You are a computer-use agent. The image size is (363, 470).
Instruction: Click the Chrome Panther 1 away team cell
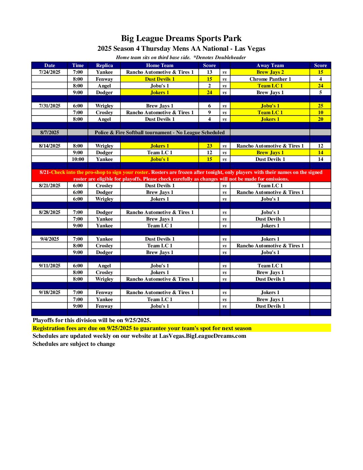[270, 79]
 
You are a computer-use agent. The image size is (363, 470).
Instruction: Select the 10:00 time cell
[78, 159]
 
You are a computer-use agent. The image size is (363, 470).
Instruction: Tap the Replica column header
[104, 65]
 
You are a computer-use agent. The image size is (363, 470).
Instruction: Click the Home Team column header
[159, 65]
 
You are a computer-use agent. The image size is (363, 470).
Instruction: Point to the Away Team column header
[270, 65]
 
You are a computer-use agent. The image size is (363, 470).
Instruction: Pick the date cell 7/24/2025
[50, 72]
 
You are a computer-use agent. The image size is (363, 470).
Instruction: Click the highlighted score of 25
[320, 106]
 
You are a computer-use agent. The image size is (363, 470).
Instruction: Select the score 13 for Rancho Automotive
[209, 72]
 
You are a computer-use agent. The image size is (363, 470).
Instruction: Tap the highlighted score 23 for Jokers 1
[209, 146]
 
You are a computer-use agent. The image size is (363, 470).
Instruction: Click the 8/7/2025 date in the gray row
[50, 133]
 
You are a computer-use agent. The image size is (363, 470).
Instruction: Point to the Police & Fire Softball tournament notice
[159, 133]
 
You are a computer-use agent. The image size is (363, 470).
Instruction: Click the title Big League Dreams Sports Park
[181, 38]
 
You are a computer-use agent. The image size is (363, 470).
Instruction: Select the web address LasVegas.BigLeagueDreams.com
[203, 336]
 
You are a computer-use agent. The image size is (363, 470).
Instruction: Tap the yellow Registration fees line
[142, 328]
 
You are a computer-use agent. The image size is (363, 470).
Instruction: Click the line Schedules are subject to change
[74, 344]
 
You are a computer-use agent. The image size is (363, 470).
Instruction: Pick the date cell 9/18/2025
[50, 292]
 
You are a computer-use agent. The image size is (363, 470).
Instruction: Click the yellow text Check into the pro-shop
[99, 172]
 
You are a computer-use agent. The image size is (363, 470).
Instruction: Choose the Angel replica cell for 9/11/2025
[104, 266]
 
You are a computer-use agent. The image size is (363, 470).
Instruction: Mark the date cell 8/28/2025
[50, 212]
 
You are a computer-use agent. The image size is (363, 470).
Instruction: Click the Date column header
[50, 65]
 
